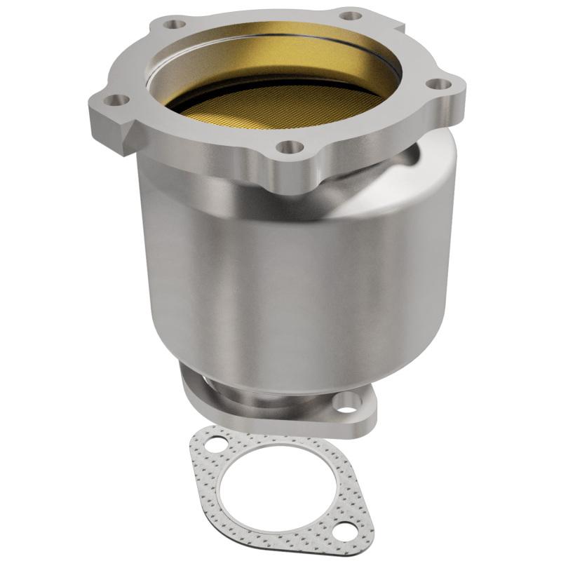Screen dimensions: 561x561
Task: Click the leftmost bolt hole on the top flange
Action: coord(120,100)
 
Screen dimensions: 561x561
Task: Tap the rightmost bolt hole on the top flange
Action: coord(440,84)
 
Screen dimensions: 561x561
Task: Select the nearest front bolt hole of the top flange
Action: coord(289,147)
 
